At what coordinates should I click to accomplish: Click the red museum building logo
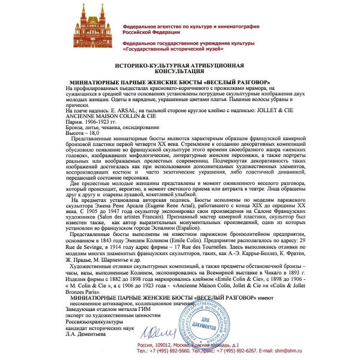coord(92,27)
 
